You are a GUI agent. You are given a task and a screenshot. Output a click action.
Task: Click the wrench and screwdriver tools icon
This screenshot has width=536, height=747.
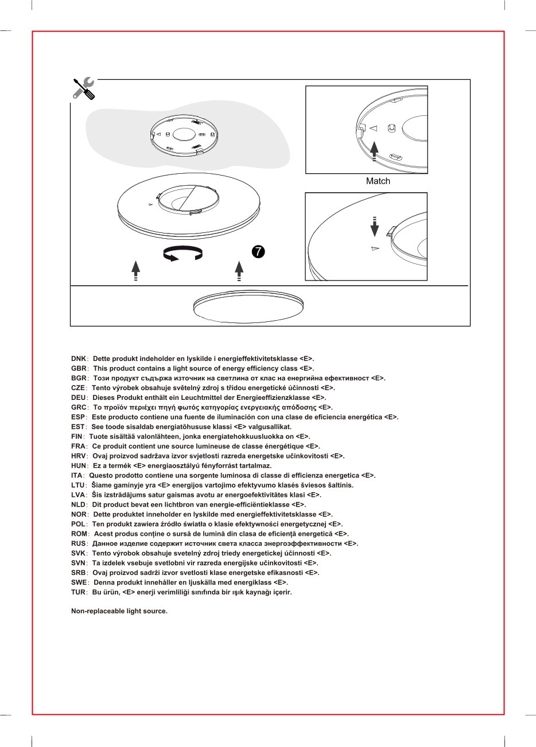tap(84, 88)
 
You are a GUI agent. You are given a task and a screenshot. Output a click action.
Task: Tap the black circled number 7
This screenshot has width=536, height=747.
tap(258, 251)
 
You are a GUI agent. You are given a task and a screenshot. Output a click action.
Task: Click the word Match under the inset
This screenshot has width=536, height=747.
tap(378, 181)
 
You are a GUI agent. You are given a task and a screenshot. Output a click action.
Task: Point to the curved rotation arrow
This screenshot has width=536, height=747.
tap(182, 254)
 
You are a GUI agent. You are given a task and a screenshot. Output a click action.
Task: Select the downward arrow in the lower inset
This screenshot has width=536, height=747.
tap(374, 227)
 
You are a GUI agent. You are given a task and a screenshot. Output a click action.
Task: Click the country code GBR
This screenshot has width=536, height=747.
tap(79, 368)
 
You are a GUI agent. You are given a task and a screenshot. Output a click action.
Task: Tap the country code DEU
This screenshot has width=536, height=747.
tap(78, 398)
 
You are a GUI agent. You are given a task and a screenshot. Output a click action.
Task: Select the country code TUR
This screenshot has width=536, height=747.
tap(79, 592)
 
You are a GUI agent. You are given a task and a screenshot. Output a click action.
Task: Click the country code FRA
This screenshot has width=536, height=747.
tap(78, 446)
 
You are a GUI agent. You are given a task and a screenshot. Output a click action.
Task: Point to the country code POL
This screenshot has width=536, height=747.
tap(79, 524)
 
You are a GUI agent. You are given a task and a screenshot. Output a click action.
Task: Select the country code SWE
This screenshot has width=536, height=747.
tap(79, 582)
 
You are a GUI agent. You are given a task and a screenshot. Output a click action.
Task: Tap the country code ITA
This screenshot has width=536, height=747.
tap(77, 476)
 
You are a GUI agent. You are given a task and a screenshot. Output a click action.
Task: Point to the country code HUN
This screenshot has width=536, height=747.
tap(79, 466)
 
